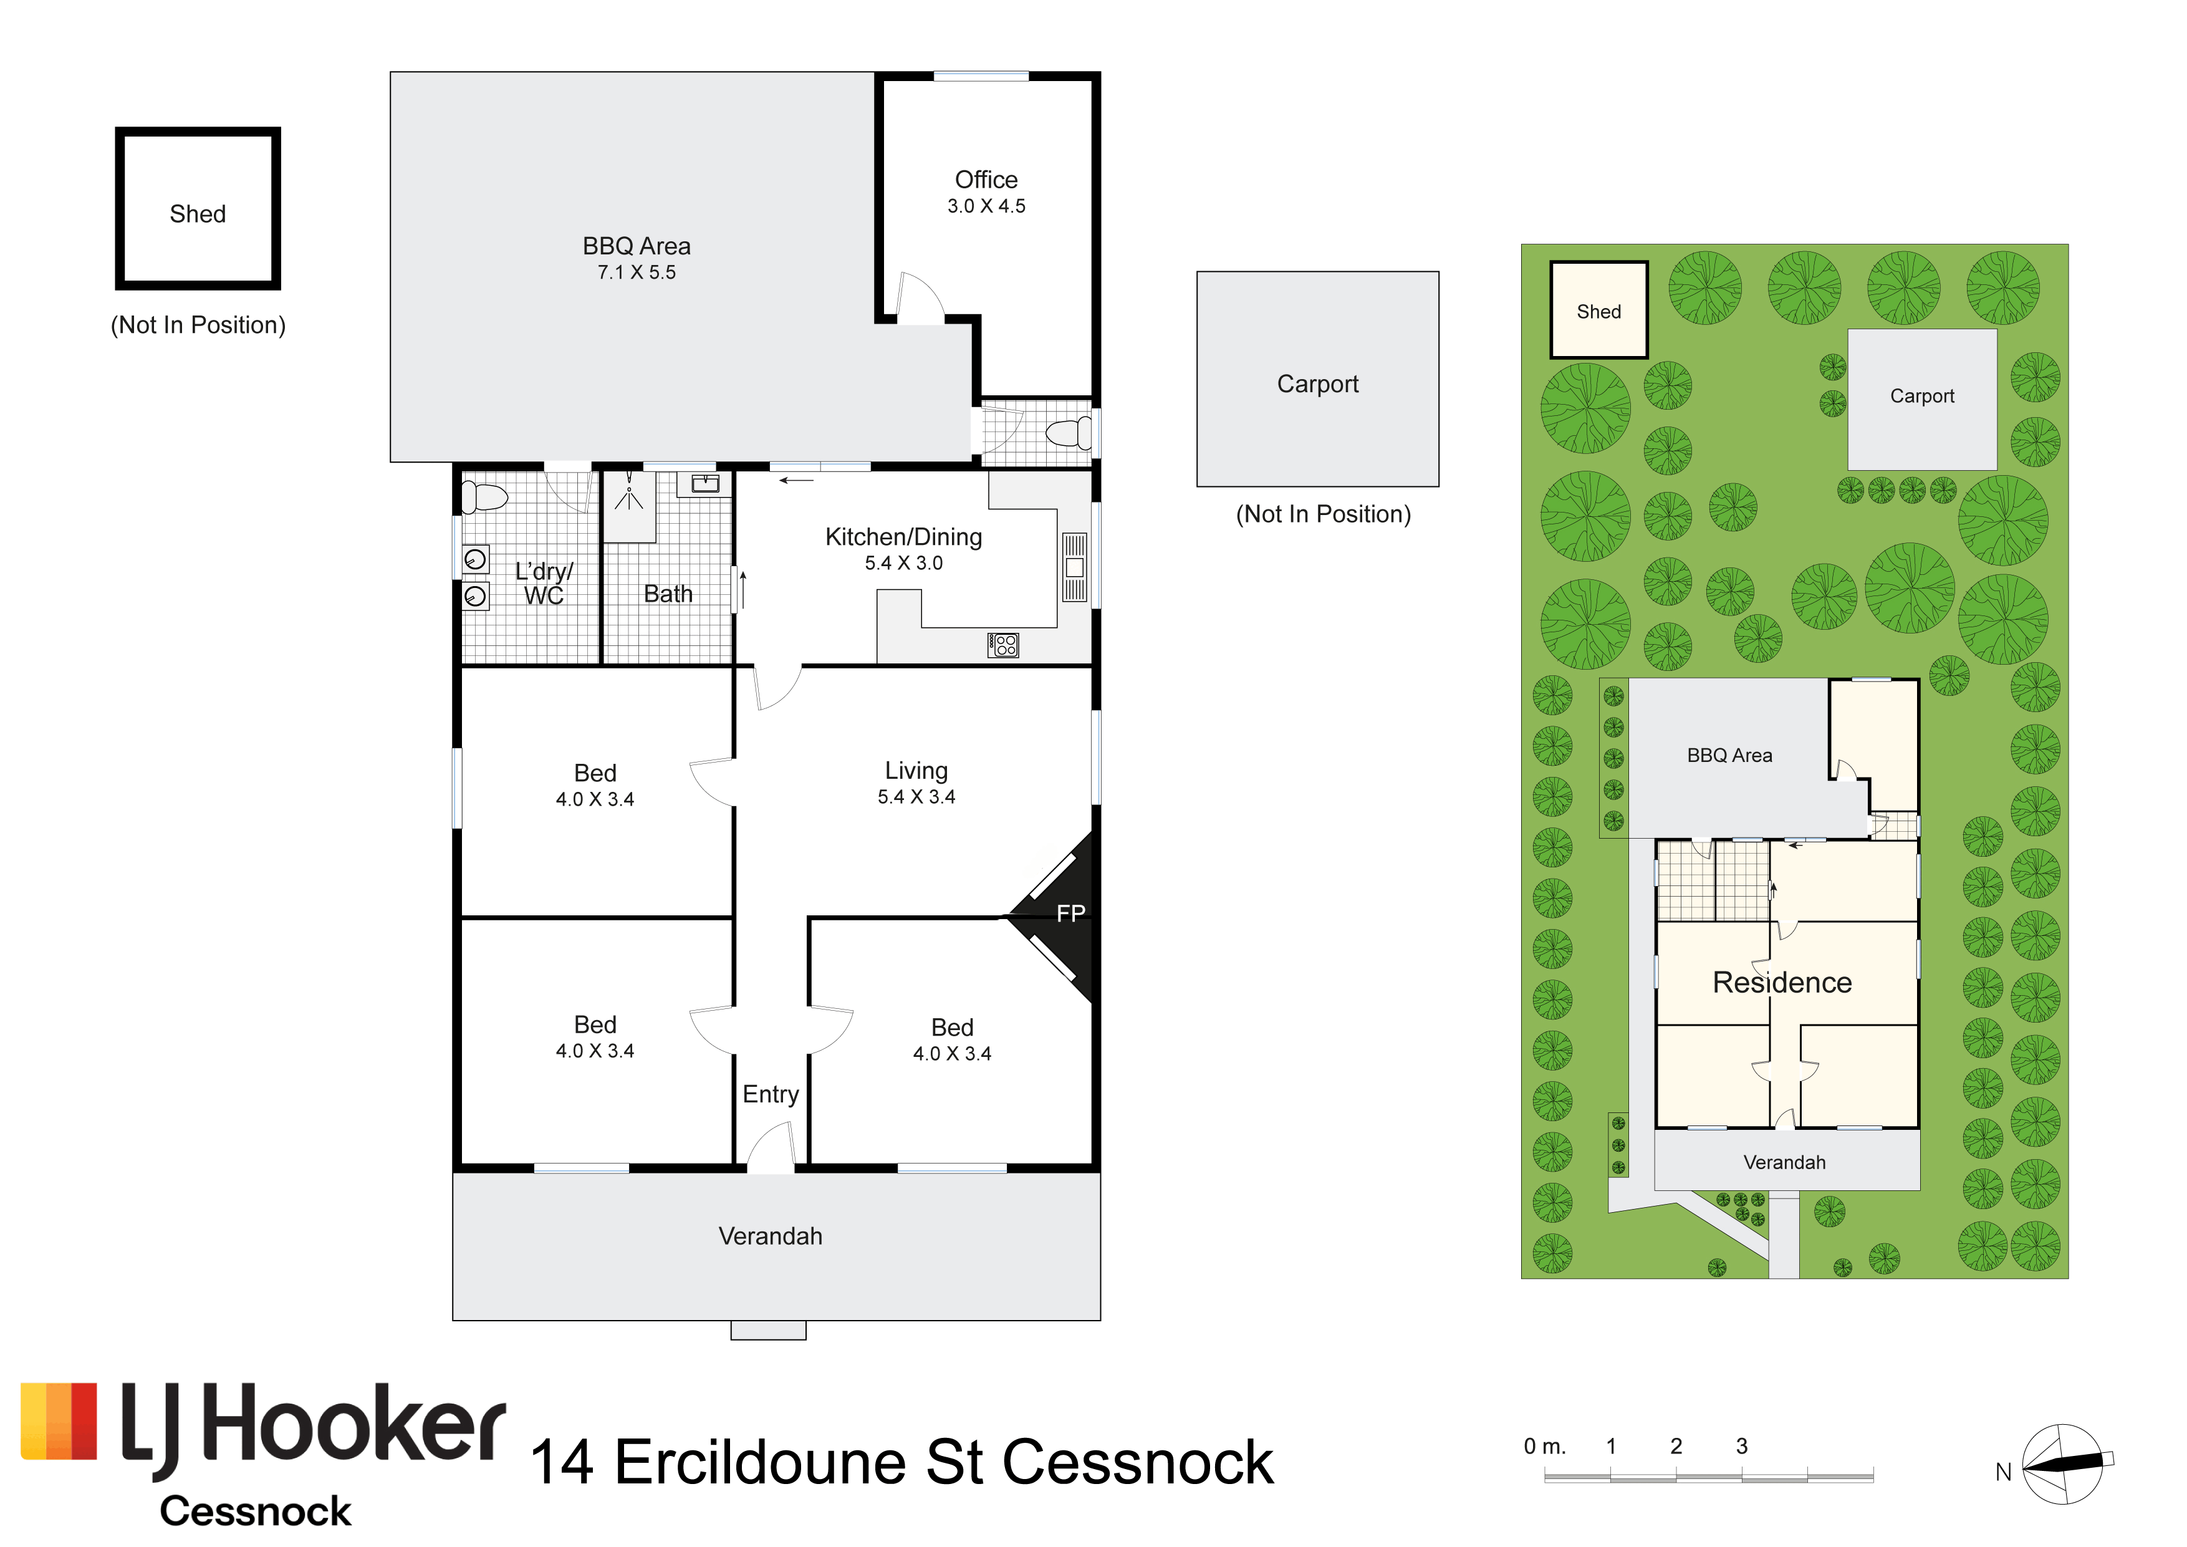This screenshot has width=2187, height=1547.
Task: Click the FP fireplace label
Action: click(x=1070, y=915)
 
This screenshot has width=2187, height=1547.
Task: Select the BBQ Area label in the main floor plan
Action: click(x=637, y=246)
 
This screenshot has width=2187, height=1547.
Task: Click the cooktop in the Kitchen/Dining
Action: click(x=1003, y=645)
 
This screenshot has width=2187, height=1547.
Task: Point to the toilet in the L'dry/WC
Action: click(x=484, y=496)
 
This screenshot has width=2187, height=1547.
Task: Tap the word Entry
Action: click(x=771, y=1094)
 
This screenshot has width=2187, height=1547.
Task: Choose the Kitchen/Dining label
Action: click(x=903, y=537)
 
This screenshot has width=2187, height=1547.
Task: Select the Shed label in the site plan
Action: click(x=1598, y=312)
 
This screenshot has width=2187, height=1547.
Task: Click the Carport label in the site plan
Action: click(x=1922, y=397)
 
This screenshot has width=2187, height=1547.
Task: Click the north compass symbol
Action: click(x=2063, y=1465)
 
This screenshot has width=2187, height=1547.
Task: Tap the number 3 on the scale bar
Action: click(x=1742, y=1446)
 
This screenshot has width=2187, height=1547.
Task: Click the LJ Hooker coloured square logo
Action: click(x=59, y=1421)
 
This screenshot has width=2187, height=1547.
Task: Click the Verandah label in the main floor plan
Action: click(x=770, y=1236)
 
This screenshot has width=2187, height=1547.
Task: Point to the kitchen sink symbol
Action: click(x=1074, y=567)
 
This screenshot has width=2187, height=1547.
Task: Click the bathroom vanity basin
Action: click(x=705, y=484)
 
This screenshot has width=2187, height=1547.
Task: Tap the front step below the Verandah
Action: click(x=767, y=1331)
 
